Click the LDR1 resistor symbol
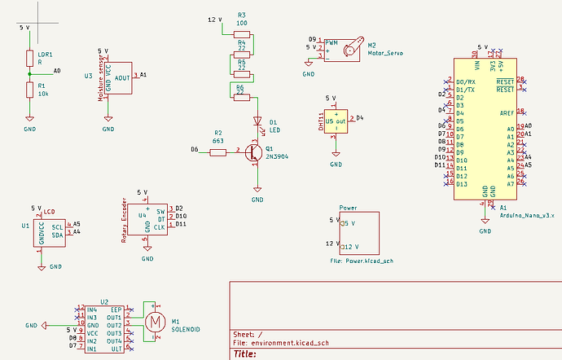29,59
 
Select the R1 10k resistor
29,89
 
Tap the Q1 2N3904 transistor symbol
254,151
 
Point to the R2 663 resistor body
217,151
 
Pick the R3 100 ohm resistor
241,33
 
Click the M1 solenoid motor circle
154,322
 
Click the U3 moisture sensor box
119,77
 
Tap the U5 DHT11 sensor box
335,123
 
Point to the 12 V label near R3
213,19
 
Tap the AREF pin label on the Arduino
505,111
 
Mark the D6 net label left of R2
194,149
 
